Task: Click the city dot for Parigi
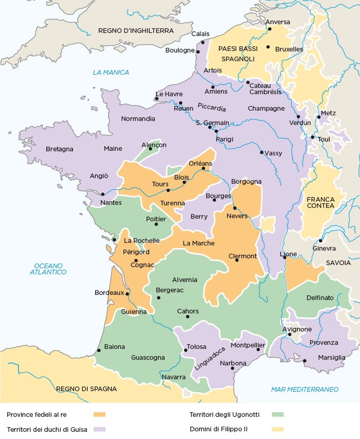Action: [x=216, y=131]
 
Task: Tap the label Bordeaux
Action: [x=110, y=293]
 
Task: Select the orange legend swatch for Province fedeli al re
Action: [x=100, y=414]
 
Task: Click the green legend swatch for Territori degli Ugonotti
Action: [x=278, y=414]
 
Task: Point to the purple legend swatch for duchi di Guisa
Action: [x=100, y=429]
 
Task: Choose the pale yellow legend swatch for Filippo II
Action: [x=278, y=429]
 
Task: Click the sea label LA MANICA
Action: [x=111, y=73]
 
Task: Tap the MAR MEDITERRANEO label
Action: [x=304, y=389]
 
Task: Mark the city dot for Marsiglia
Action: [x=304, y=360]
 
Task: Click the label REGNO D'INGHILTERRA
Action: [x=136, y=31]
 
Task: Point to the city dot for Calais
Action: [x=203, y=42]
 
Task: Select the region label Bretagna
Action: [x=60, y=149]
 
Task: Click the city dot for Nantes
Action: [x=103, y=194]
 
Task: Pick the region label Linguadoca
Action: [x=210, y=359]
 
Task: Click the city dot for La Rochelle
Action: [x=114, y=239]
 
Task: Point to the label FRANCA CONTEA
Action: [x=320, y=202]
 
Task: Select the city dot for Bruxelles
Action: [x=268, y=47]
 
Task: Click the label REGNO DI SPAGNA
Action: [x=86, y=389]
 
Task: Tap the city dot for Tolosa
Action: [x=185, y=350]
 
